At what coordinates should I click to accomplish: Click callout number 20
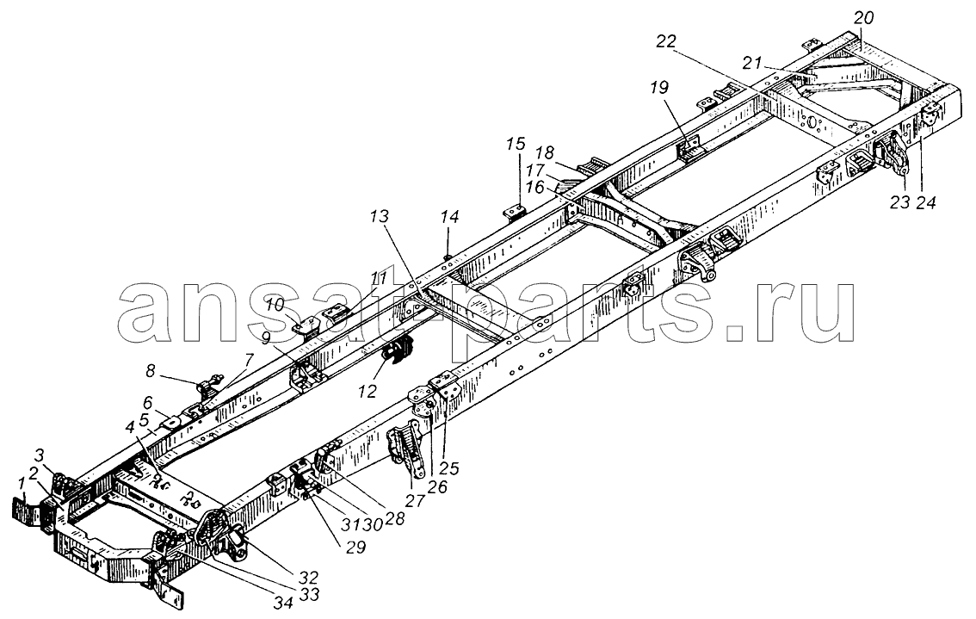863,18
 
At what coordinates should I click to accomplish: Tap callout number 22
666,41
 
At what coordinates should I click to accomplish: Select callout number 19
660,88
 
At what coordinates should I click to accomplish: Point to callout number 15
516,145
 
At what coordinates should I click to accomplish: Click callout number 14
449,217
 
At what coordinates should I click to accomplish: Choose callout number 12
368,391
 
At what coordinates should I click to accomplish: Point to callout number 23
899,202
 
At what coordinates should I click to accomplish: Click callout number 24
926,202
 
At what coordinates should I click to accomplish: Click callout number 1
22,481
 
